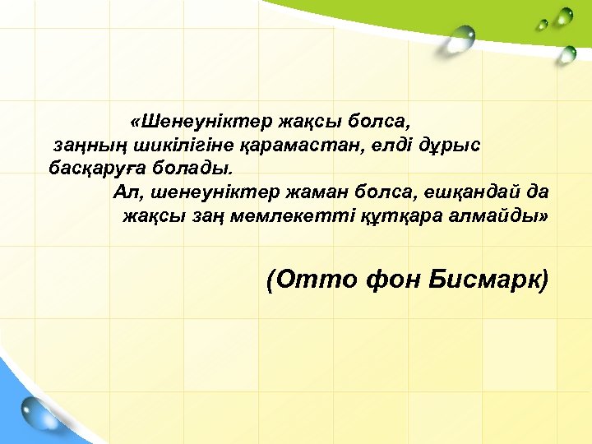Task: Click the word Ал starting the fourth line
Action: click(x=123, y=192)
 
